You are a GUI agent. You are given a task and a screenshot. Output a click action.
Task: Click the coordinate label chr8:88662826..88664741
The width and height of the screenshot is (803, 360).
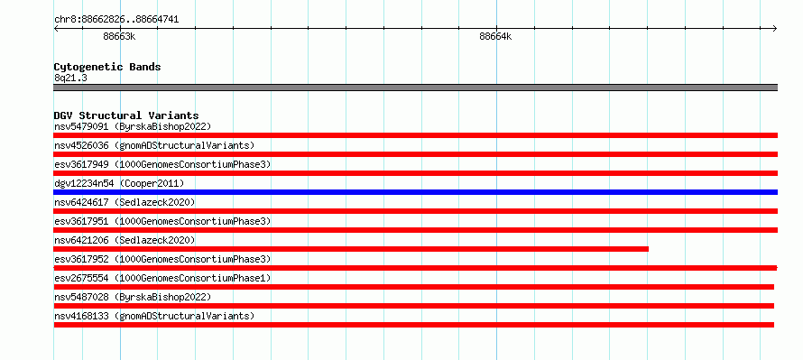[x=116, y=20]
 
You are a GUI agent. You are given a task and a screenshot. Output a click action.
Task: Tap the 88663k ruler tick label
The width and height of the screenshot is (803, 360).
[x=119, y=36]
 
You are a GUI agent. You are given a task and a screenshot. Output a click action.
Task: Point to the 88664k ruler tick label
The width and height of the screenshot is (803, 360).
[x=495, y=36]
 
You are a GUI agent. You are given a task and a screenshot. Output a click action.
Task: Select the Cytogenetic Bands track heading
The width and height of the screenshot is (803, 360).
[x=107, y=67]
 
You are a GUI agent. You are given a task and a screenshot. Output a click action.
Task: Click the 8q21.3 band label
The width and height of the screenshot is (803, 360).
[x=70, y=78]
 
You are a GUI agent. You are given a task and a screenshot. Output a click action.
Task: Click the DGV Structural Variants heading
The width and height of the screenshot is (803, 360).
[x=126, y=115]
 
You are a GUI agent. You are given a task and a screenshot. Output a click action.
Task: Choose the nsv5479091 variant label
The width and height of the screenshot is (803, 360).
[x=133, y=126]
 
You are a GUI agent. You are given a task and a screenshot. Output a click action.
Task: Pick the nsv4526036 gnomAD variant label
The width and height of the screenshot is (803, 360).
[x=154, y=145]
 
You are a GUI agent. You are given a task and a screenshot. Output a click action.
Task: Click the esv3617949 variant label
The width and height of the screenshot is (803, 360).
[x=162, y=164]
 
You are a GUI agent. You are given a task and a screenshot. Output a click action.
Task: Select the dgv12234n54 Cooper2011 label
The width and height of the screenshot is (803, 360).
[x=119, y=183]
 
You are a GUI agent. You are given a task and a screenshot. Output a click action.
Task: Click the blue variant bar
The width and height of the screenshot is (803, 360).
[x=415, y=192]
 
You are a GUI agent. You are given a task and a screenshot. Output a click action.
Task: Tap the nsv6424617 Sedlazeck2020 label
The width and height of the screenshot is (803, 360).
[x=125, y=202]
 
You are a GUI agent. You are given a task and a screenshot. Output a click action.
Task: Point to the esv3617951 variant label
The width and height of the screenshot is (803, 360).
[x=162, y=221]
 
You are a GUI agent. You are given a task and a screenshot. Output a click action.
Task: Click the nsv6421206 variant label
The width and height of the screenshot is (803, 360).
[x=125, y=240]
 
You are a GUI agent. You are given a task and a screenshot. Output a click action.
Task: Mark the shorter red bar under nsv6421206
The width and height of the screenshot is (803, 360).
[x=351, y=249]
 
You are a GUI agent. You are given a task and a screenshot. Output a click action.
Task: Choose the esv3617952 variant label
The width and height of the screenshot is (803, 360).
[x=162, y=259]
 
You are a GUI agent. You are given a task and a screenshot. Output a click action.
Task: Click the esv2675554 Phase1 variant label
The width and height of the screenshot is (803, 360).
[x=162, y=278]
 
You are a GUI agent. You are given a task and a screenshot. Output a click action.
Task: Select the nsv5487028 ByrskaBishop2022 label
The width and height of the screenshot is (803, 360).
[x=133, y=297]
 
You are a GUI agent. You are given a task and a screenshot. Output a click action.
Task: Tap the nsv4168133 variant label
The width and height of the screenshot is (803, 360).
[x=154, y=316]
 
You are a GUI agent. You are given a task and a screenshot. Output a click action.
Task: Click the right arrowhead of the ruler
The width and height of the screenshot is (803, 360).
[x=776, y=29]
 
